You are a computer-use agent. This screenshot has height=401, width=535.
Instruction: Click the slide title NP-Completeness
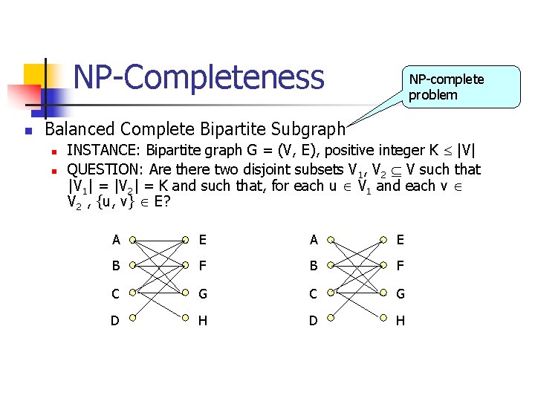199,77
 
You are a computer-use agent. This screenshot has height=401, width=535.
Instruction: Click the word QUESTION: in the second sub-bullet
106,169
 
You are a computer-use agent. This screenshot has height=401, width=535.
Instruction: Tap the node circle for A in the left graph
132,241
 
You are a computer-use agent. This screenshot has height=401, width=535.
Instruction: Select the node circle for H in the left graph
184,321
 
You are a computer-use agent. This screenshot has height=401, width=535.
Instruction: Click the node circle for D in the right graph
331,321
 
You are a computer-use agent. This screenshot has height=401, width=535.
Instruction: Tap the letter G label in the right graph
401,294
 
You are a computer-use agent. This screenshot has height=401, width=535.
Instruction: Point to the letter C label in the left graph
115,294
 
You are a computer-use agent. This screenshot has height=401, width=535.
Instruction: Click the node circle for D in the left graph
132,321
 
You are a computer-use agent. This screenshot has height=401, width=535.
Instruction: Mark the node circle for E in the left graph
184,241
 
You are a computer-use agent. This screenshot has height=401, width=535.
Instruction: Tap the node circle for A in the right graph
331,241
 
